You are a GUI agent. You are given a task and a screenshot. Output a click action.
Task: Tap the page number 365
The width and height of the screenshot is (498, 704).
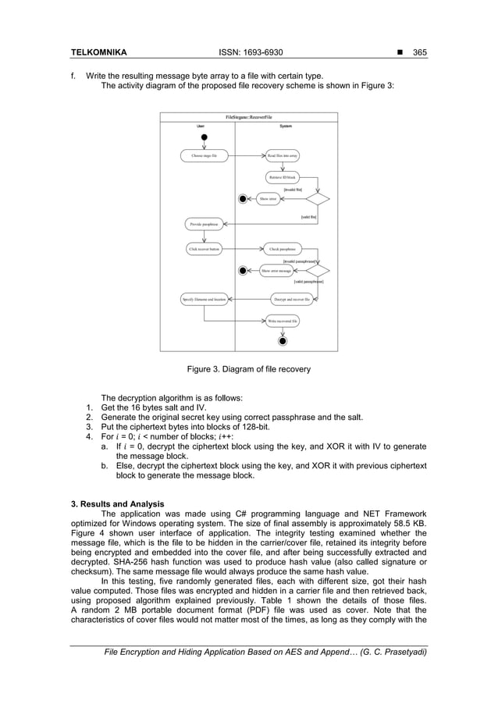[418, 52]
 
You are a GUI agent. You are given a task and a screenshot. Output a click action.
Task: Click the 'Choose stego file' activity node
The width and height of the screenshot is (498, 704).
[204, 156]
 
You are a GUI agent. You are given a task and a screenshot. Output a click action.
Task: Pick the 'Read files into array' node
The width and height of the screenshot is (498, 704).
[283, 156]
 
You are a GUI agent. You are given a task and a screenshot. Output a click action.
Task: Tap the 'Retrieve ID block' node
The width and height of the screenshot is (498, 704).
[283, 178]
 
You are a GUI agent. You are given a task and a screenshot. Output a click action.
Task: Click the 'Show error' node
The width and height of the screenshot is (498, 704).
[268, 199]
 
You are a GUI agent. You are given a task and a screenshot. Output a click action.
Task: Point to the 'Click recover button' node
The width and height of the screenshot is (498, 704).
[204, 250]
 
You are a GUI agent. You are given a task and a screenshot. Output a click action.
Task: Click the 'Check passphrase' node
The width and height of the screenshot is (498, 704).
[283, 250]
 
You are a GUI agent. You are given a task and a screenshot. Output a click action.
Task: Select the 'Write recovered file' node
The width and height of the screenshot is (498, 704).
[283, 321]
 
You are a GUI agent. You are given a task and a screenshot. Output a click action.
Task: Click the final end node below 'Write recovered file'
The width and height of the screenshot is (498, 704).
[283, 341]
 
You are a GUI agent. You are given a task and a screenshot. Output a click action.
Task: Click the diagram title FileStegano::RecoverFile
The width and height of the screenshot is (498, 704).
[248, 116]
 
